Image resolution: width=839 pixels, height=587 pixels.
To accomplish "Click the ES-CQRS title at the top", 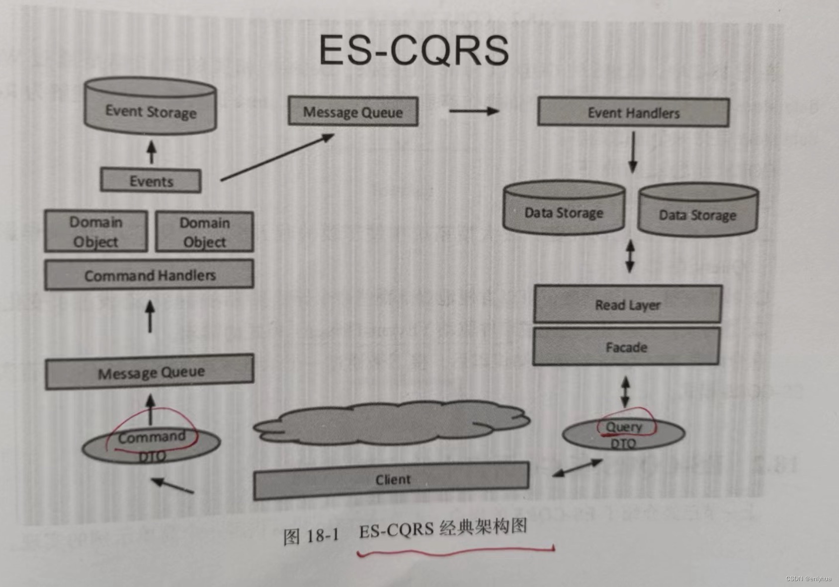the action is coord(414,50).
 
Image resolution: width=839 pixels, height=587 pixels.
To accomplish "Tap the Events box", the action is coord(151,181).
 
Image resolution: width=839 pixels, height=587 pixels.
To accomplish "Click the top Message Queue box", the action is coord(353,112).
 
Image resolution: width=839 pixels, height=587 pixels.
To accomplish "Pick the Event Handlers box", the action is coord(633,113).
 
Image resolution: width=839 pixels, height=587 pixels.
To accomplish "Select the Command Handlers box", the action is coord(149,275).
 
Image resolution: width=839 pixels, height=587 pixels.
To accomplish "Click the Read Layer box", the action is coord(628,304).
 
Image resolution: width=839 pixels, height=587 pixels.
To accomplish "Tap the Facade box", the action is coord(626,347).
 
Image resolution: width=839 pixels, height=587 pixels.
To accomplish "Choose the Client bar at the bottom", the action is coord(392,479).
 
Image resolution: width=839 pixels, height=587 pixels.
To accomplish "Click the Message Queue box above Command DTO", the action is coord(150,372).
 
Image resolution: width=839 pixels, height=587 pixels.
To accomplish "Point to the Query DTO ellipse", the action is coord(623,434).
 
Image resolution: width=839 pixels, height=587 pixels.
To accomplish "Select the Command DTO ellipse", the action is coord(151,445).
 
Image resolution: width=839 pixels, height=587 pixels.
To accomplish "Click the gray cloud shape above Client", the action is coord(392,423).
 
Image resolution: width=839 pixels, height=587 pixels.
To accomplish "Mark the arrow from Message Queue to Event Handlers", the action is coord(474,111).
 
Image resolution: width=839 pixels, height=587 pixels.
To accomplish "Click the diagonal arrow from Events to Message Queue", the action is coord(277,157).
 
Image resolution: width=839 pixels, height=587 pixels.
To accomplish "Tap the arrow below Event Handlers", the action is coord(633,152).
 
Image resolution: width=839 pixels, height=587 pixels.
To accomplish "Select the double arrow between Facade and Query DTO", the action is coord(625,392).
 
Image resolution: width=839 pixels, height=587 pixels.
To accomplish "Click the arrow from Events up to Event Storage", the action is coord(152,152).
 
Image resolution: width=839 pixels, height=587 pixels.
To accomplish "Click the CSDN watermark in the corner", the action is coord(808,579).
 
